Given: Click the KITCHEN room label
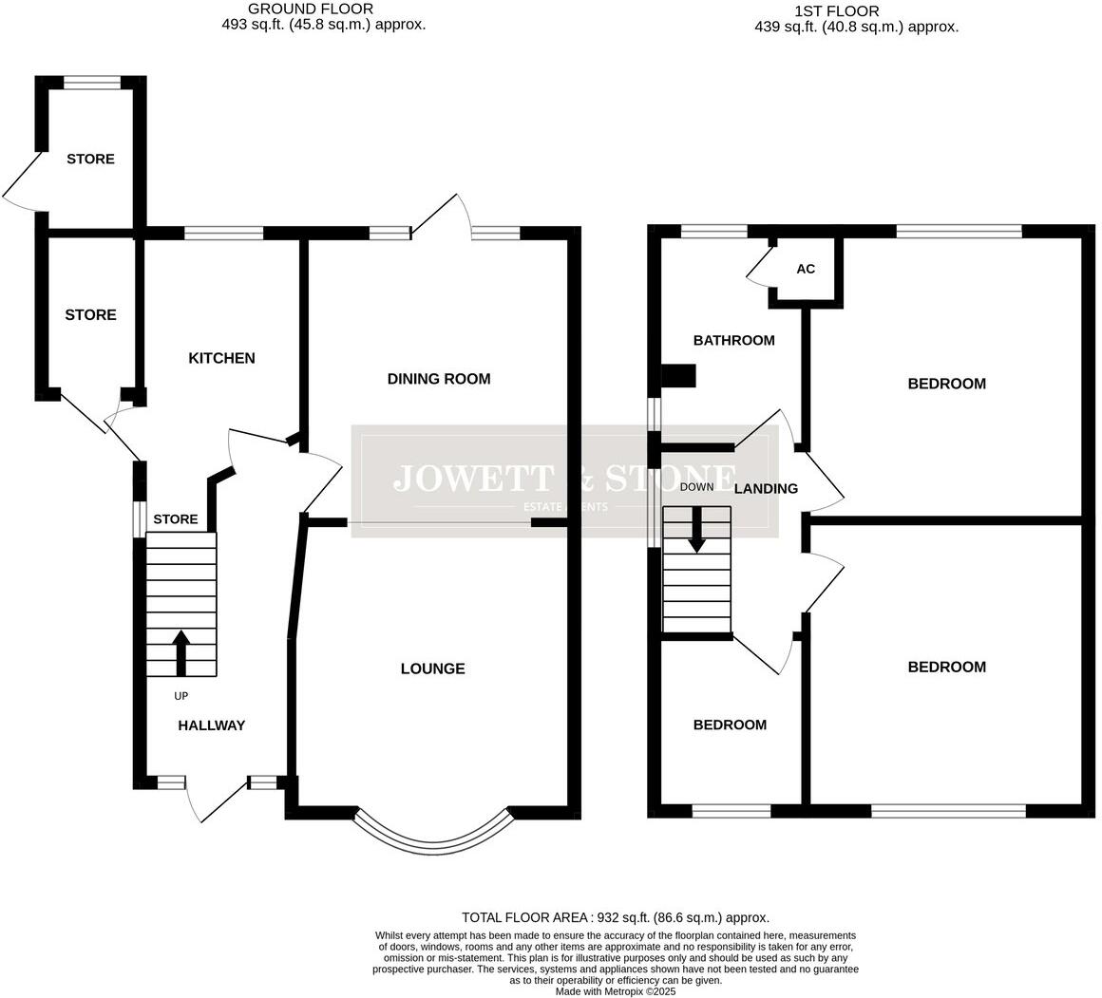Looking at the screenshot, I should (221, 358).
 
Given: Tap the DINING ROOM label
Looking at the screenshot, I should (439, 379).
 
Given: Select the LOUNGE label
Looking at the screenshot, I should (432, 668).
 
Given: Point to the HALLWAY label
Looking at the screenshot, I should (212, 725).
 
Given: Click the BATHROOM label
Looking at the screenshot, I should (733, 340).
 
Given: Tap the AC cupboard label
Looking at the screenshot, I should (806, 269).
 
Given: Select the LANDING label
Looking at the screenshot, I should (766, 488).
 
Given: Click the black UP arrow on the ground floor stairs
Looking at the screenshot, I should (180, 652).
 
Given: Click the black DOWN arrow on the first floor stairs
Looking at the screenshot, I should (697, 529).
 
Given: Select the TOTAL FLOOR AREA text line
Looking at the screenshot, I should (615, 917).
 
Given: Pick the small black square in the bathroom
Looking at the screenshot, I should (678, 376).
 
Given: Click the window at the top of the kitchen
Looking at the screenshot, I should (223, 232).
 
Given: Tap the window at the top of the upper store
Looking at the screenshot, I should (92, 83).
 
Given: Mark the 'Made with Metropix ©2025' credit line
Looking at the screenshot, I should (615, 990).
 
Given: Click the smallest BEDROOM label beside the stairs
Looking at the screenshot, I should (730, 725).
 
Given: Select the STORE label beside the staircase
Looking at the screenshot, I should (176, 519).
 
